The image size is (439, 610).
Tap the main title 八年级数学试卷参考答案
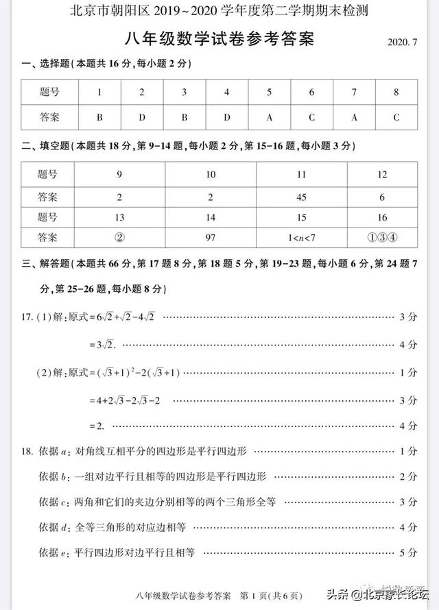(219, 40)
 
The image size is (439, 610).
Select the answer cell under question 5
(269, 117)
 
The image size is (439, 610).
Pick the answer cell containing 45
(301, 197)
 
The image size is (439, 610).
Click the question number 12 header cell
(382, 175)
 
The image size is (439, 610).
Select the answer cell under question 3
(184, 117)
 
